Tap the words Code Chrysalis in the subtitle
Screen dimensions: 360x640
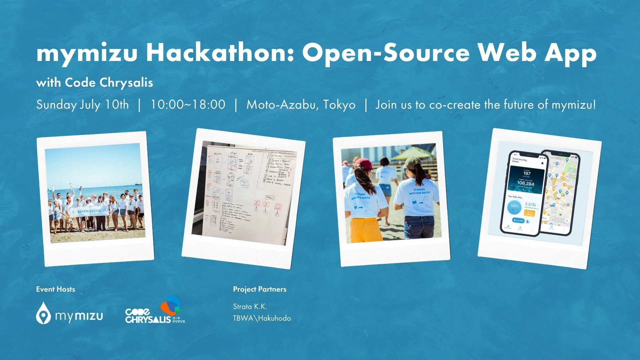coord(109,82)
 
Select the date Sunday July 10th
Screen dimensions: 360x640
coord(82,105)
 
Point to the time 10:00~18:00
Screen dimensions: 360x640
coord(188,105)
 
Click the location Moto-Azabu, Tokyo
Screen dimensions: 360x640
coord(301,105)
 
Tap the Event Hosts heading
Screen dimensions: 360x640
coord(55,289)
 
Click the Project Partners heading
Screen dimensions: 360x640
coord(259,289)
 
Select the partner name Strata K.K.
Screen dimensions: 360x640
coord(250,307)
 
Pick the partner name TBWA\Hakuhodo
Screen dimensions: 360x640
coord(262,318)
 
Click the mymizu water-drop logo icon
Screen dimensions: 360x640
coord(43,313)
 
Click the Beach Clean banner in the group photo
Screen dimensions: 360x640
coord(88,211)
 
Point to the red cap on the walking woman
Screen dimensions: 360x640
coord(364,164)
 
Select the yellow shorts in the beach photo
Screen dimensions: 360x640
coord(365,230)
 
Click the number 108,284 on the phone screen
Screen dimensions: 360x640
coord(525,183)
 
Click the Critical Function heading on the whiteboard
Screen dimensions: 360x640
coord(282,156)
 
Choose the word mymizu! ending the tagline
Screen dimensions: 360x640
coord(573,105)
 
